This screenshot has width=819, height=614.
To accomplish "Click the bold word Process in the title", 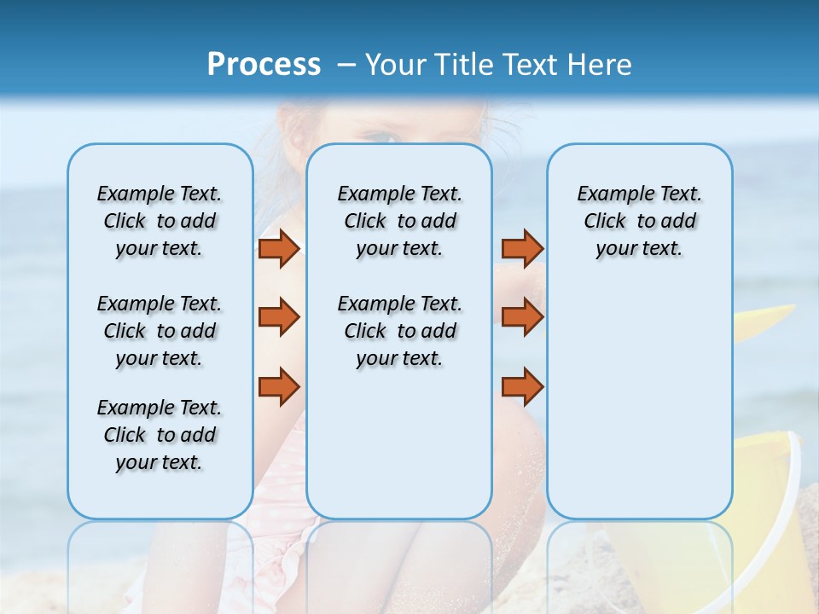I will (264, 65).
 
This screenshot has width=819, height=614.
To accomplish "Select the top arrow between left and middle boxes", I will (279, 248).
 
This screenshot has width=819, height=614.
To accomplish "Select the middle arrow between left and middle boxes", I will (279, 317).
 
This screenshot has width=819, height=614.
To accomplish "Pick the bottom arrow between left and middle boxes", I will (279, 386).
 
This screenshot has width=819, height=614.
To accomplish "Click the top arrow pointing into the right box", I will (522, 248).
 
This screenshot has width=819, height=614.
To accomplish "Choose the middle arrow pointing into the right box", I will (522, 317).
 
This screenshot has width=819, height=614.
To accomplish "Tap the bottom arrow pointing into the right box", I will (522, 386).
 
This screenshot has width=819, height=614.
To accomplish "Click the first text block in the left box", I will (160, 221).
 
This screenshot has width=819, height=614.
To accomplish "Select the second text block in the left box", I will (160, 331).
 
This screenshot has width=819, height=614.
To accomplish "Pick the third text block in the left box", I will (160, 435).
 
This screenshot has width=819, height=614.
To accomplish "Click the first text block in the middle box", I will (399, 221).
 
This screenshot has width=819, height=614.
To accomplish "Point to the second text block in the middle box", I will (399, 331).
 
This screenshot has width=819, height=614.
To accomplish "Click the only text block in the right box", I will (639, 221).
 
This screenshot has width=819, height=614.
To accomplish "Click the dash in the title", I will (346, 66).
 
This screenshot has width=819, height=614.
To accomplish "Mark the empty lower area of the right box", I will (639, 401).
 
